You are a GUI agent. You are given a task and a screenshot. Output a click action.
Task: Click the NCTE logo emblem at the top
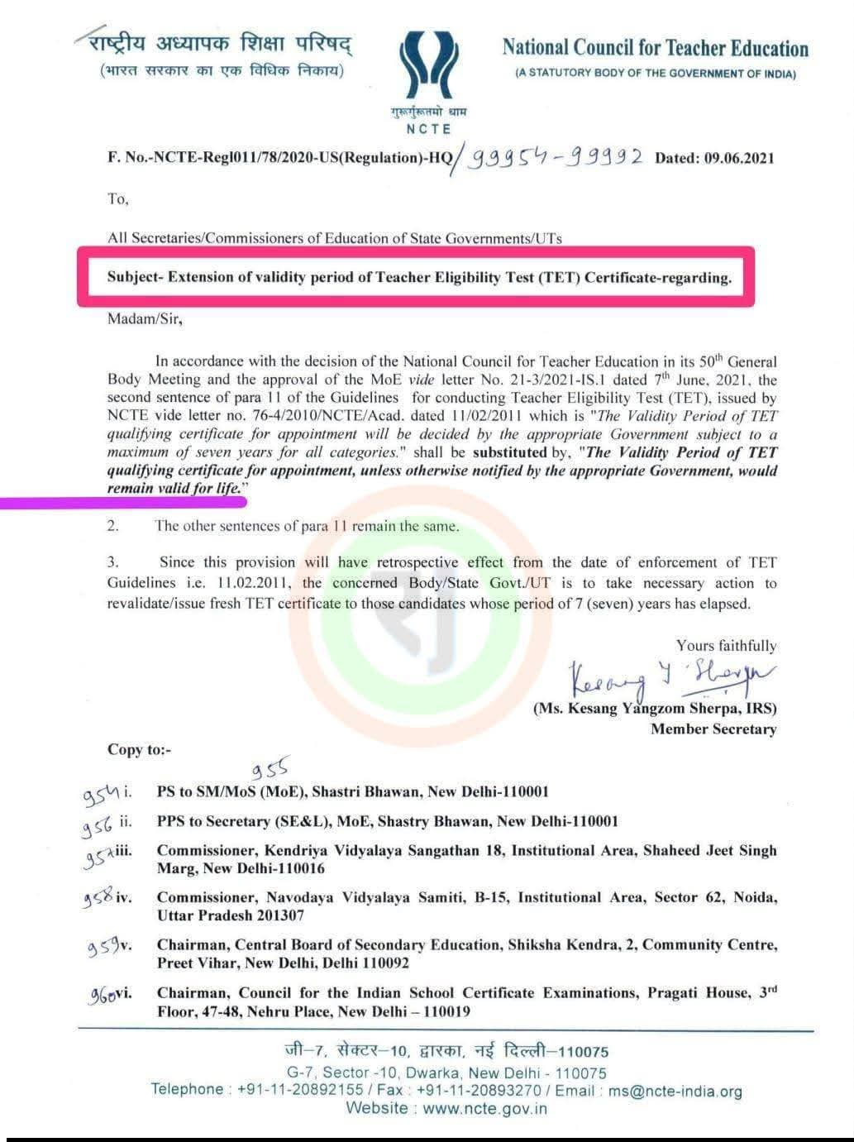point(428,69)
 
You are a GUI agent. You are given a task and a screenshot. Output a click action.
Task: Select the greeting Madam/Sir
point(145,318)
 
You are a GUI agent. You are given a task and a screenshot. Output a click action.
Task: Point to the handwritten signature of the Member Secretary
point(670,676)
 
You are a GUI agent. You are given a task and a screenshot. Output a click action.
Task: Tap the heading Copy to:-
point(140,749)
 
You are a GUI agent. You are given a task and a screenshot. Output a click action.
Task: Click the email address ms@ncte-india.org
point(675,1091)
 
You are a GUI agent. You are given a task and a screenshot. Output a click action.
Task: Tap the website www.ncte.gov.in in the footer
point(484,1109)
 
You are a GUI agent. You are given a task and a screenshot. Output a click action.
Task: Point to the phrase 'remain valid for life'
point(176,488)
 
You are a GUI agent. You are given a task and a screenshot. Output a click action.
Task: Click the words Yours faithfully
point(726,646)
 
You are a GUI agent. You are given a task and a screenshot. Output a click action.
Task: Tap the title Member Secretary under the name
point(713,729)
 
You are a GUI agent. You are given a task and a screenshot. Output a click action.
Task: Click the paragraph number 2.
point(112,526)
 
